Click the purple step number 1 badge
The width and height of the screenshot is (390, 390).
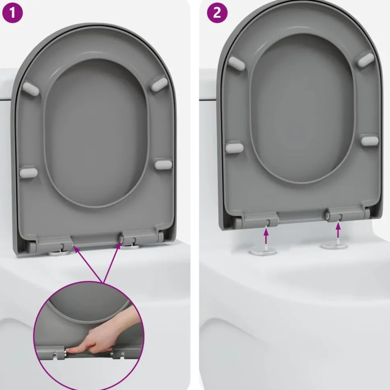[x=12, y=13]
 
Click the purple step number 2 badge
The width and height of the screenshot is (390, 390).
[x=217, y=13]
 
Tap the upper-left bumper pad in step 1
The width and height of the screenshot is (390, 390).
[x=31, y=89]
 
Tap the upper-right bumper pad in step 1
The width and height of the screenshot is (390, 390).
[x=159, y=84]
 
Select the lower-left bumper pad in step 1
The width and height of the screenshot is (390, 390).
[x=29, y=172]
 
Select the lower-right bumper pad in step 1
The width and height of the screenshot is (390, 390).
[x=163, y=164]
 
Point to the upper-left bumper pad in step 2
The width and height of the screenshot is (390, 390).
[x=236, y=62]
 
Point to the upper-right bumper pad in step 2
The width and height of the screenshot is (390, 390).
[x=366, y=59]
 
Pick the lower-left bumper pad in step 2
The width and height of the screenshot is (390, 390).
[x=234, y=148]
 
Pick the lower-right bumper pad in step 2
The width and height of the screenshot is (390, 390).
[x=370, y=141]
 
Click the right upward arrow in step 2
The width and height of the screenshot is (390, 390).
[x=338, y=230]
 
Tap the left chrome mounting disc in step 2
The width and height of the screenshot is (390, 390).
[x=263, y=251]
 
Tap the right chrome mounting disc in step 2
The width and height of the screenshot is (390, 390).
[x=334, y=245]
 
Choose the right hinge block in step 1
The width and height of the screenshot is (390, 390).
[x=138, y=238]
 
